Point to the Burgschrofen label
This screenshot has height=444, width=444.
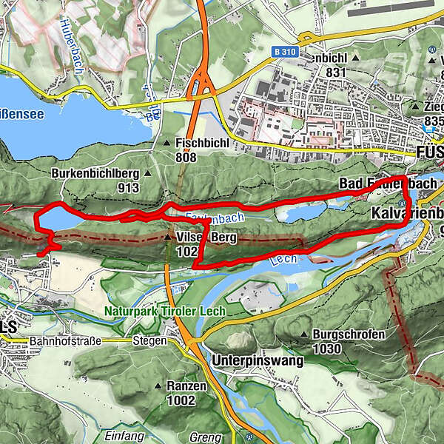[345, 335]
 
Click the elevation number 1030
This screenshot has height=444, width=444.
[327, 349]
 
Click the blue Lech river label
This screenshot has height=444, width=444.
[277, 260]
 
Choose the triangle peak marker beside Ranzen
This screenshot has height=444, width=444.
[158, 386]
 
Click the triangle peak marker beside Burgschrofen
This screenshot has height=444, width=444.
[304, 335]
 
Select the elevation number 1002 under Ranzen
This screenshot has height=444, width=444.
[182, 400]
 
